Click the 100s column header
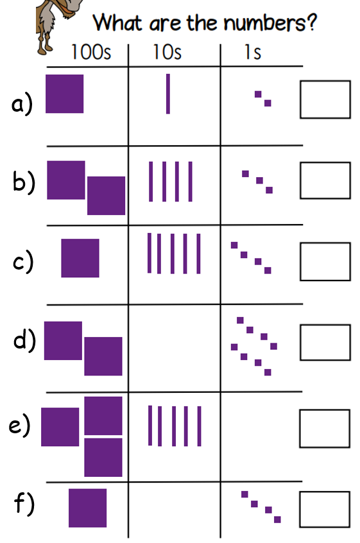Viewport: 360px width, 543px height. click(x=91, y=52)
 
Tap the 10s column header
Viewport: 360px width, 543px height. click(x=167, y=52)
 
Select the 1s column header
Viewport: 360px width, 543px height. click(x=253, y=52)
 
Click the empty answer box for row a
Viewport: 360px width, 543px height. click(x=325, y=99)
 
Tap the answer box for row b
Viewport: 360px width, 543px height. click(x=325, y=180)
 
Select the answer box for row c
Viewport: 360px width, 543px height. click(x=325, y=261)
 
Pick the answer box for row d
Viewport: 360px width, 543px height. click(x=325, y=342)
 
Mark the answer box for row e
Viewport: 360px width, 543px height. click(x=325, y=428)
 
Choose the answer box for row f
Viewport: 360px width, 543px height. click(x=325, y=509)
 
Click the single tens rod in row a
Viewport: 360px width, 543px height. click(x=168, y=94)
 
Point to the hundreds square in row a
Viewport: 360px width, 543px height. click(x=64, y=94)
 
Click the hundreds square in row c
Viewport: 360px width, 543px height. click(x=80, y=258)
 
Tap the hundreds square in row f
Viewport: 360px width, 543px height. click(x=87, y=508)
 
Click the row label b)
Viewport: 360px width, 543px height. click(x=24, y=181)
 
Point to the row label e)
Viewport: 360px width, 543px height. click(x=20, y=426)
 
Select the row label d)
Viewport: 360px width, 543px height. click(x=24, y=340)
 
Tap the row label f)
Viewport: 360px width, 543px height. click(x=24, y=503)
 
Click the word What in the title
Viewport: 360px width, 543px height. click(x=117, y=23)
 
